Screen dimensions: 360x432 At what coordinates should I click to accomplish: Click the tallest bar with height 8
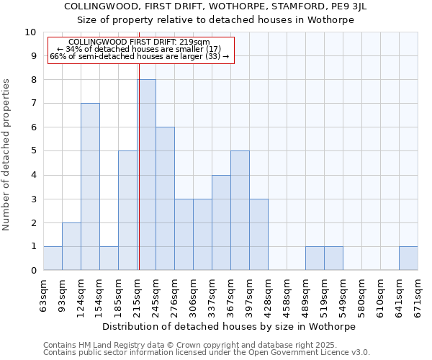pos(146,175)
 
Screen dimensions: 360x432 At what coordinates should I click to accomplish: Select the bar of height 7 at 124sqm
pos(90,186)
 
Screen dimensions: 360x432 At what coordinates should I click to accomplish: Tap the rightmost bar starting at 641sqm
pos(408,258)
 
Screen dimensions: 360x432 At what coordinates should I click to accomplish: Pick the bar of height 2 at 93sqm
pos(71,246)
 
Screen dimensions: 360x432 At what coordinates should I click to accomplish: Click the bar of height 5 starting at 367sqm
pos(240,210)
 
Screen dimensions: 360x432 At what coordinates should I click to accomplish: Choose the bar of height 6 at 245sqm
pos(165,199)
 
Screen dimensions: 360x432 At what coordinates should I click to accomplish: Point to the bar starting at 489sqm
pos(315,258)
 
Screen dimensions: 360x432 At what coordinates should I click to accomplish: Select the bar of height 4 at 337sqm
pos(221,222)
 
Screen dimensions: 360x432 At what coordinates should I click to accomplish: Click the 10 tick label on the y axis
pos(30,32)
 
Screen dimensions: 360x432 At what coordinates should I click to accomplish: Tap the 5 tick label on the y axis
pos(32,151)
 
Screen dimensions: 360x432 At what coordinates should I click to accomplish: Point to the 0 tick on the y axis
pos(32,270)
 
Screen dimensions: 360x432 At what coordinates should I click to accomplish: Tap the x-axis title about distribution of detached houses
pos(230,326)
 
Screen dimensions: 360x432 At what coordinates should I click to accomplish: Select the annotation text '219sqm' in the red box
pos(195,42)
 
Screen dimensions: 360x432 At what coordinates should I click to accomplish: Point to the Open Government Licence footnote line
pos(207,352)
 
